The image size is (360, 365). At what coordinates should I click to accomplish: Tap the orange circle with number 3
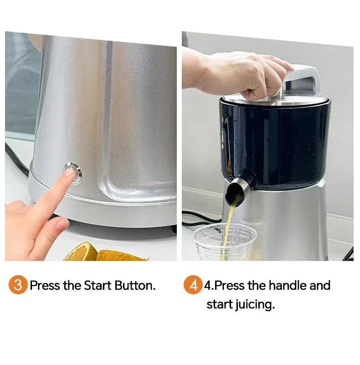pos(18,286)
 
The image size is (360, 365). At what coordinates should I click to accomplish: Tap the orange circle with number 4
pos(193,286)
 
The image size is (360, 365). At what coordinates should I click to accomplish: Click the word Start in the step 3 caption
pos(97,286)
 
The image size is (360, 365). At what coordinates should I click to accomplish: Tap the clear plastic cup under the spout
pos(224,242)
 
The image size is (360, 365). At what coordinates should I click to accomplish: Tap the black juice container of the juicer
pos(278,141)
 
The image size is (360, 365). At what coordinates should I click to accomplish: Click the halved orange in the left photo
pos(82,253)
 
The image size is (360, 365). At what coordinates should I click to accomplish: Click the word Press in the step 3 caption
pos(44,286)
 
